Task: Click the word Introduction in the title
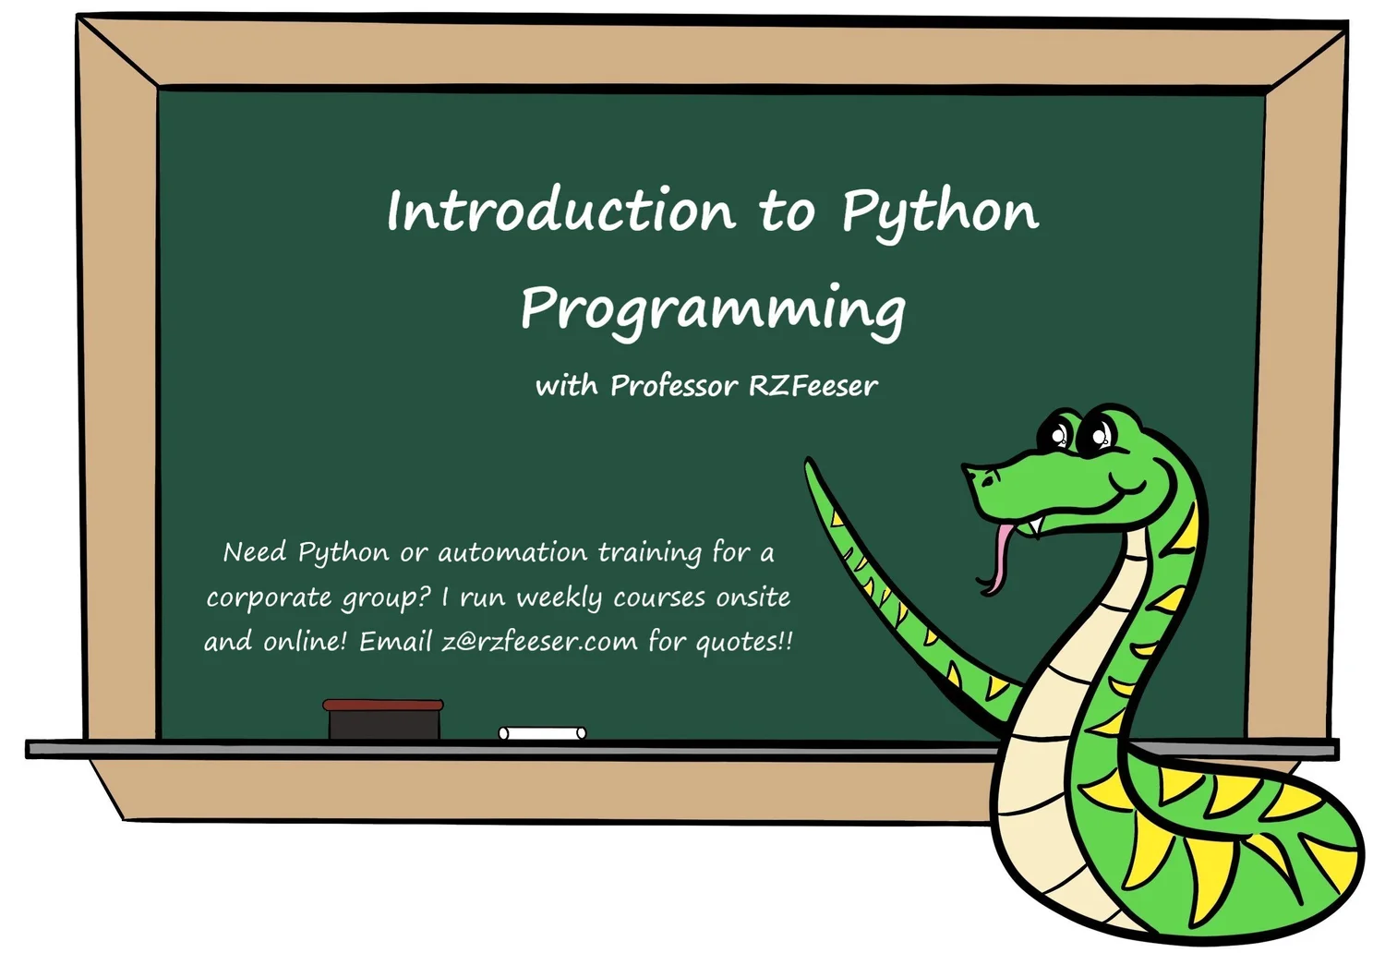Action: [x=560, y=211]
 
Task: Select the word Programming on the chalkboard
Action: [x=712, y=310]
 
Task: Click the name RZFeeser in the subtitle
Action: [x=813, y=386]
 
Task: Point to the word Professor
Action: [x=674, y=386]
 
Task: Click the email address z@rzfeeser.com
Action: [x=539, y=641]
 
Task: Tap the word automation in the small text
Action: [x=512, y=553]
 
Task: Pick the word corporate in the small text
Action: [x=269, y=598]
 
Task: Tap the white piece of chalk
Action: [x=542, y=733]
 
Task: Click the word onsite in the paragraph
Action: [x=753, y=597]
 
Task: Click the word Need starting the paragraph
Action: [x=255, y=552]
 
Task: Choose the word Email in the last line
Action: [x=395, y=641]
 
